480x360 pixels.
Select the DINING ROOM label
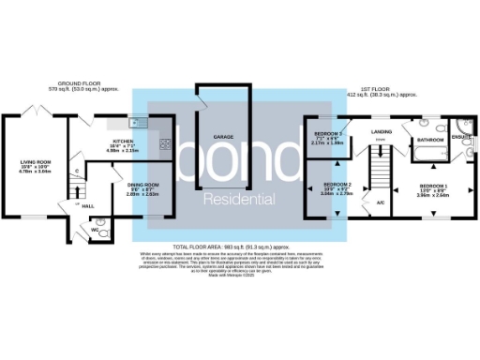[143, 185]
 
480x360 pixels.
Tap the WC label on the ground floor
[96, 229]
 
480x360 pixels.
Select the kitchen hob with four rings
[165, 144]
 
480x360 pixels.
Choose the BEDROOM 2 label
[337, 185]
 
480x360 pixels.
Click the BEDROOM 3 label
[328, 134]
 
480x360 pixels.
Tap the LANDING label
[381, 132]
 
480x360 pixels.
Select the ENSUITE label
[461, 136]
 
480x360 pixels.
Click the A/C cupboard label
[381, 202]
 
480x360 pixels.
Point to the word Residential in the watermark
[240, 200]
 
